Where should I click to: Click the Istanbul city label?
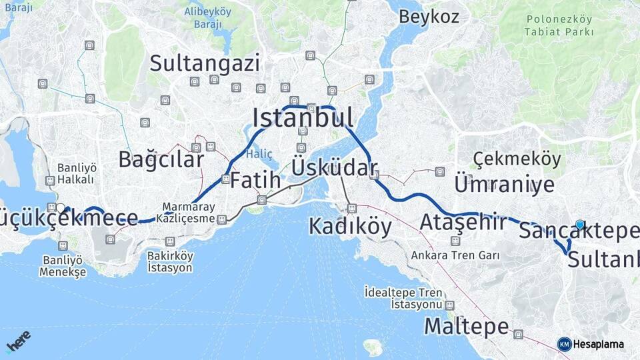point(303,118)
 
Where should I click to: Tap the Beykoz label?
point(429,17)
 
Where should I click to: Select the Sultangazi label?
point(204,63)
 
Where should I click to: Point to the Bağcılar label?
point(161,159)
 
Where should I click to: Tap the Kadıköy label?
point(350,227)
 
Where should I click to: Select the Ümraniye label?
point(504,184)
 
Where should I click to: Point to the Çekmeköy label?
point(517,159)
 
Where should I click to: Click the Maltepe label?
point(467,327)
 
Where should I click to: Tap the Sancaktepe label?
point(579,231)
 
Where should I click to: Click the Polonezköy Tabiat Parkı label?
point(559,26)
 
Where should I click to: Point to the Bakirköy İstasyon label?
point(170,262)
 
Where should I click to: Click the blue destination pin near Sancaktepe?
point(580,225)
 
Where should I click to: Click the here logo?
point(19,342)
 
